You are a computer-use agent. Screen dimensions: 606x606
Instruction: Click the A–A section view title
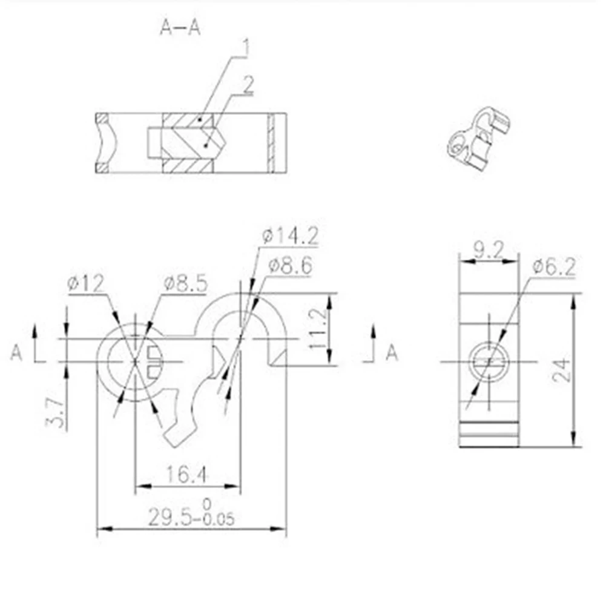pyautogui.click(x=180, y=28)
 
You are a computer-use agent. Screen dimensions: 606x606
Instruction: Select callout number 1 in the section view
pyautogui.click(x=245, y=47)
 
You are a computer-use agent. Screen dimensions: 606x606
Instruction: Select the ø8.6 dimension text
pyautogui.click(x=289, y=265)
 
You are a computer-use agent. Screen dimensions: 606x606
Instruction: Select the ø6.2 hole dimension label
pyautogui.click(x=554, y=265)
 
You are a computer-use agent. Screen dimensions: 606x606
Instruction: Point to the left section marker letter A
pyautogui.click(x=16, y=352)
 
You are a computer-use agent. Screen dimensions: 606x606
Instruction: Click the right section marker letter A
pyautogui.click(x=392, y=352)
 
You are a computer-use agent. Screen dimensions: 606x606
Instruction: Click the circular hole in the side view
pyautogui.click(x=489, y=362)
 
